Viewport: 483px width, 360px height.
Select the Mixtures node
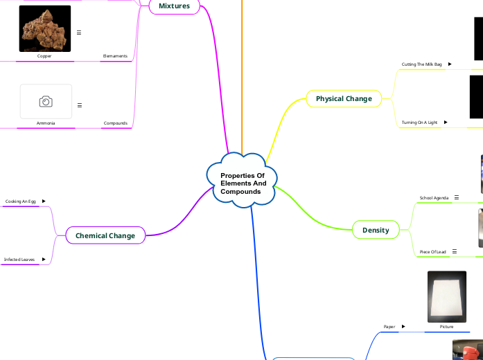tap(174, 6)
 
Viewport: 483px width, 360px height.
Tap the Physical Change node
tap(344, 99)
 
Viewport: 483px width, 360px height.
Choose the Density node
tap(376, 230)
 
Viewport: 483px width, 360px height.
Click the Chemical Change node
tap(105, 236)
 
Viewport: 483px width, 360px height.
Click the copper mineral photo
tap(45, 28)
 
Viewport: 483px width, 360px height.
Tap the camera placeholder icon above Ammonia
tap(46, 102)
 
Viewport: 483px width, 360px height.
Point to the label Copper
tap(44, 56)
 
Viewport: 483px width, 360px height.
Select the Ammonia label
tap(46, 123)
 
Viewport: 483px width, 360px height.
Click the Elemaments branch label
tap(115, 56)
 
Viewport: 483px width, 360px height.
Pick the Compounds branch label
tap(116, 123)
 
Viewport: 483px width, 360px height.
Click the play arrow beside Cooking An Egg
tap(44, 201)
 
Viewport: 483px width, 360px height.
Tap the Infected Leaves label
tap(19, 260)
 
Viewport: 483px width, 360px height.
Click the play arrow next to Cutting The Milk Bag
tap(450, 64)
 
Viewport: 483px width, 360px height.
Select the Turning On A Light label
tap(419, 123)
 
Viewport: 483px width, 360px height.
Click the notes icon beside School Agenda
tap(456, 197)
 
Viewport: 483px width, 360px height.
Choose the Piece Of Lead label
tap(433, 251)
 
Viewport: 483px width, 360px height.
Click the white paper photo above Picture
tap(446, 296)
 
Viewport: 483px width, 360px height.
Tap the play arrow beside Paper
tap(403, 326)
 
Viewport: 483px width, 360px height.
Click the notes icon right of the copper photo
tap(79, 33)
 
